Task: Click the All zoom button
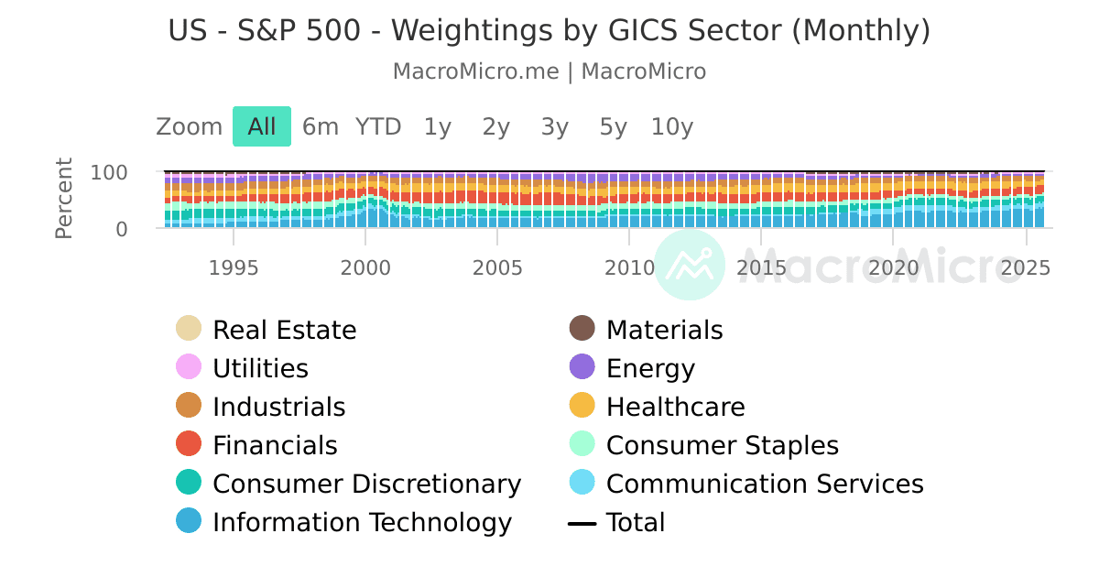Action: click(261, 126)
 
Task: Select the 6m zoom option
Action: click(321, 126)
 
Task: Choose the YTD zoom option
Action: click(378, 126)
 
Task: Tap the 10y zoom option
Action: click(672, 126)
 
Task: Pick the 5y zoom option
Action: click(613, 126)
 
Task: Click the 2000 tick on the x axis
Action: click(365, 268)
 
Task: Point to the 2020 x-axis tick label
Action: click(893, 268)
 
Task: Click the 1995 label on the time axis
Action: click(234, 268)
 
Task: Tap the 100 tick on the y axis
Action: click(109, 172)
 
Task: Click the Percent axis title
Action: click(64, 199)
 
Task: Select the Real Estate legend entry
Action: click(284, 330)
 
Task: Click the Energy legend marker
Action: click(582, 367)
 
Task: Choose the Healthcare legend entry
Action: click(675, 407)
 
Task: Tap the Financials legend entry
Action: click(275, 445)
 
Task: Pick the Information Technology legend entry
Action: click(362, 522)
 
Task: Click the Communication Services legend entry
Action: click(765, 484)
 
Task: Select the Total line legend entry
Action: click(635, 522)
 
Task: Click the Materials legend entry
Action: click(664, 330)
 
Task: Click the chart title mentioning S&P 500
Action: click(549, 31)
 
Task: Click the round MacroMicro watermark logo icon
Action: click(690, 265)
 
